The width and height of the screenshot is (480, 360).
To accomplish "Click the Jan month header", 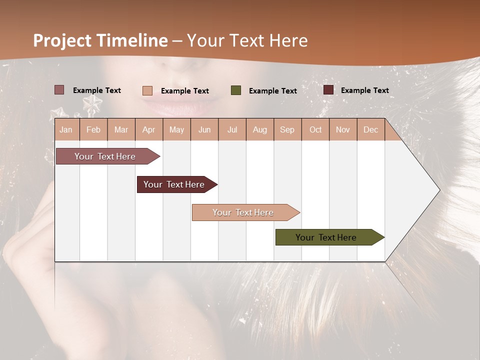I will point(66,129).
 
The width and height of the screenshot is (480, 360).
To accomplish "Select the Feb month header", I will point(93,129).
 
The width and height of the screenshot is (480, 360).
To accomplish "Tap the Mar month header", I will point(121,129).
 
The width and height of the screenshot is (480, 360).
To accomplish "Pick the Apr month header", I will point(149,129).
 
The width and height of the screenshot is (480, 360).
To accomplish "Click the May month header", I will point(176,129).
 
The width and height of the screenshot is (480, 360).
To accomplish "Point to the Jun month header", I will point(204,129).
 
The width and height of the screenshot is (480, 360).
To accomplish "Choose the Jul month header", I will point(232,129).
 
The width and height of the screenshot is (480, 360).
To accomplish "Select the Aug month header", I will point(260,129).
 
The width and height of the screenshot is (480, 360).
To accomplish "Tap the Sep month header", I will point(287,129).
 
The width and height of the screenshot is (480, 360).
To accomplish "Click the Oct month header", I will point(315,129).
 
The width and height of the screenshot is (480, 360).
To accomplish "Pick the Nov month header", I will point(343,129).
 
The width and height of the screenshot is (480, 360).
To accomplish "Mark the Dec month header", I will point(371,129).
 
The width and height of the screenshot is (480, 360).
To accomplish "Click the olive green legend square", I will point(236,90).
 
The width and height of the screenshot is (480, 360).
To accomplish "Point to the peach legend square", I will point(147,90).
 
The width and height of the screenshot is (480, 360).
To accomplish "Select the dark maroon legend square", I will point(328,90).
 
